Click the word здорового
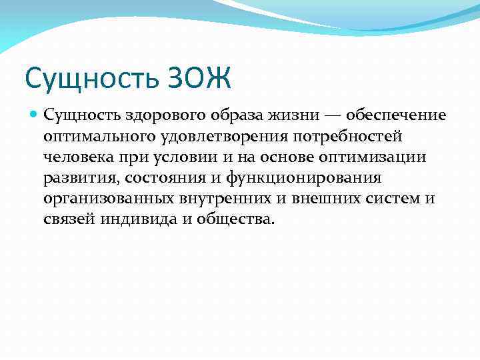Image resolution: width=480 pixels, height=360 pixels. pyautogui.click(x=154, y=115)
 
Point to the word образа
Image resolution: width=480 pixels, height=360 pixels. pyautogui.click(x=221, y=115)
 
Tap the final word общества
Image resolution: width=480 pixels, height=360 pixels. pyautogui.click(x=235, y=220)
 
